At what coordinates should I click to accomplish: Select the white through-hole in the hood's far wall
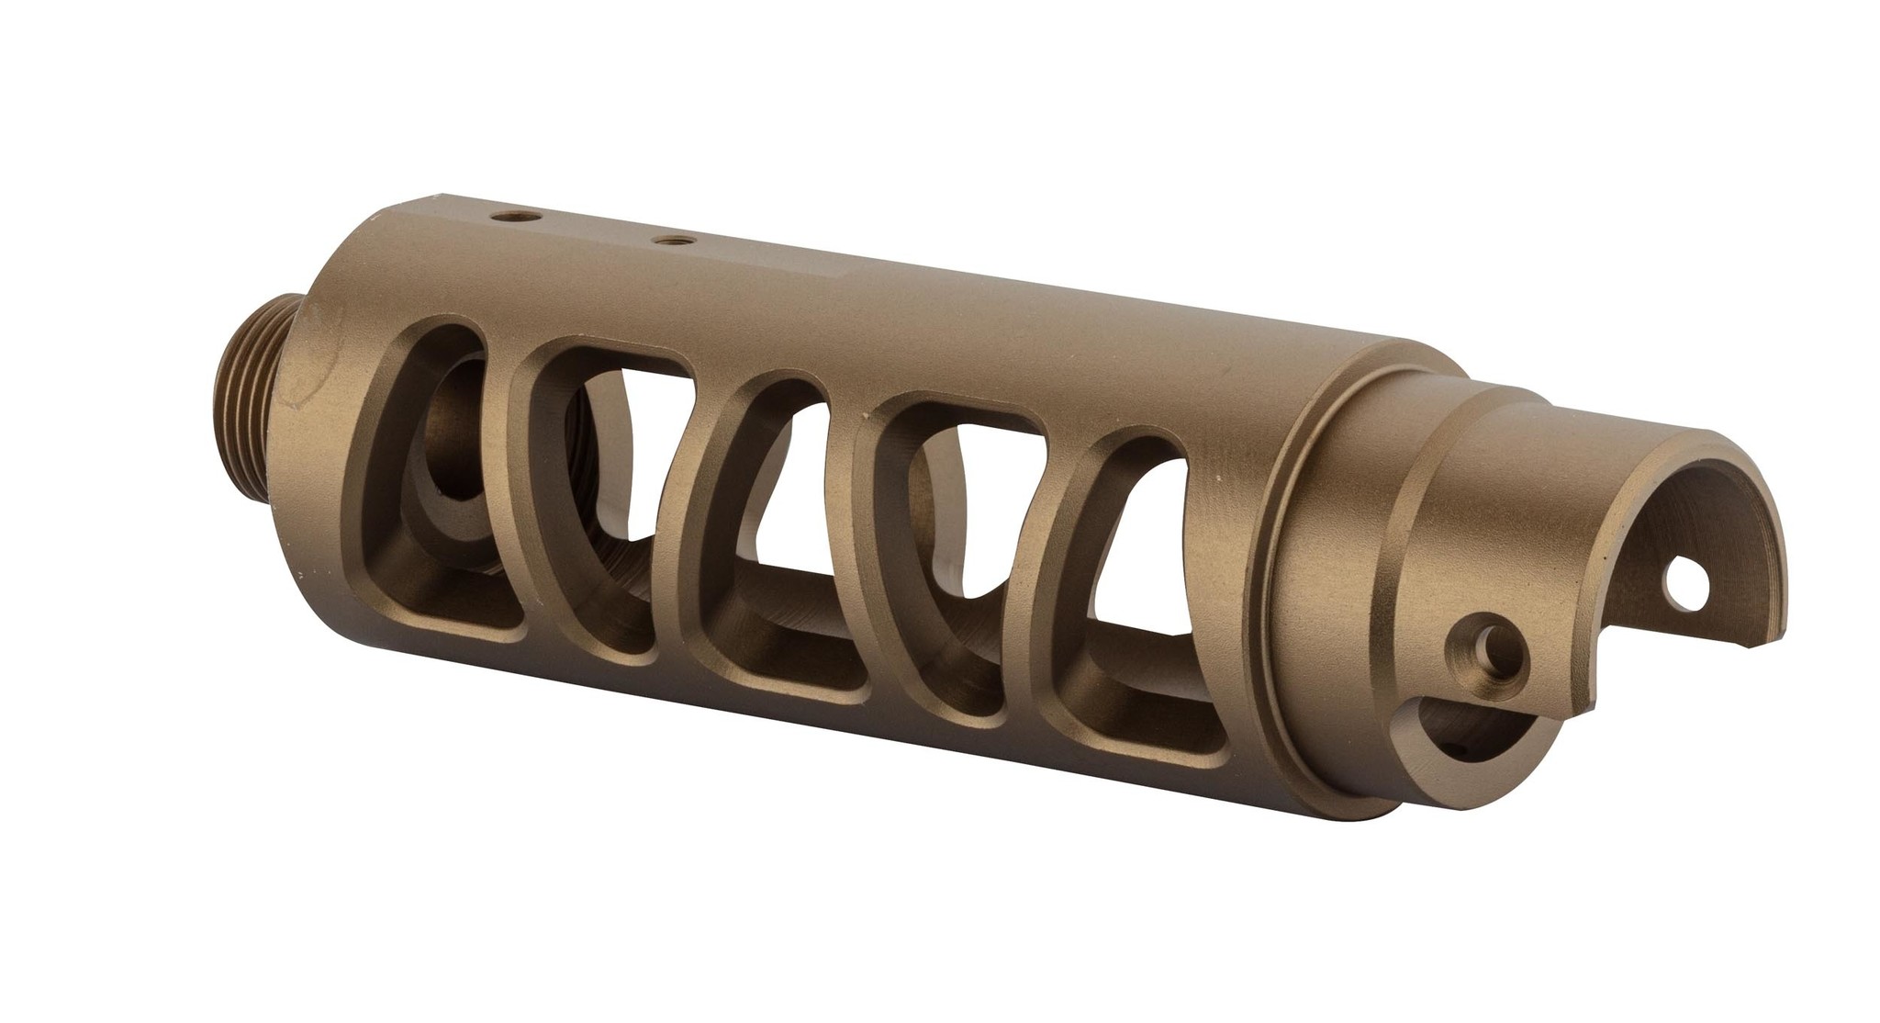[1682, 584]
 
